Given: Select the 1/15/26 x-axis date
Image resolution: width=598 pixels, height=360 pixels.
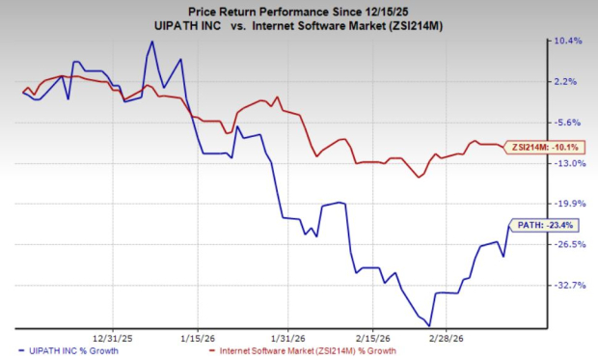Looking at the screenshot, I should tap(199, 338).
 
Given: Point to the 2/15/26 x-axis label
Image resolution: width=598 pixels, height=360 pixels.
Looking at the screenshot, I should tap(371, 338).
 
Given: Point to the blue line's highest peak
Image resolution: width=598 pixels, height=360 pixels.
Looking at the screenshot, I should tap(151, 42).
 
